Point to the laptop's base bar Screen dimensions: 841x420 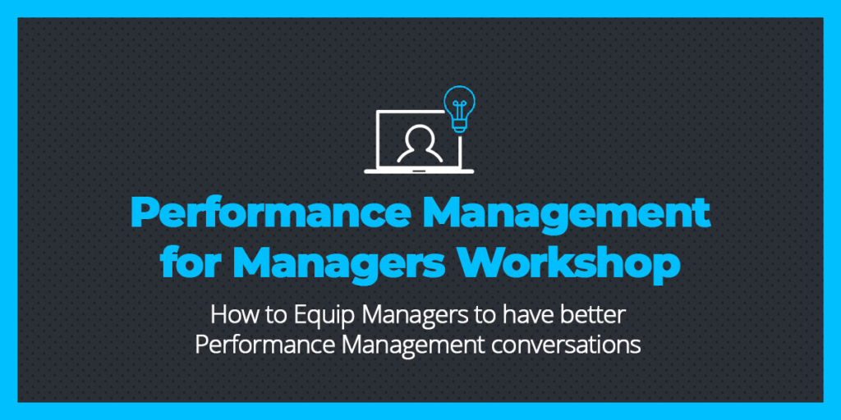[x=419, y=171]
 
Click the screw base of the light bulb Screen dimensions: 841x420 [x=458, y=126]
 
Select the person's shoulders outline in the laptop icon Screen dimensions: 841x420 [x=420, y=154]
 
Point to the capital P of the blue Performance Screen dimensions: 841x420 [x=144, y=213]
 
